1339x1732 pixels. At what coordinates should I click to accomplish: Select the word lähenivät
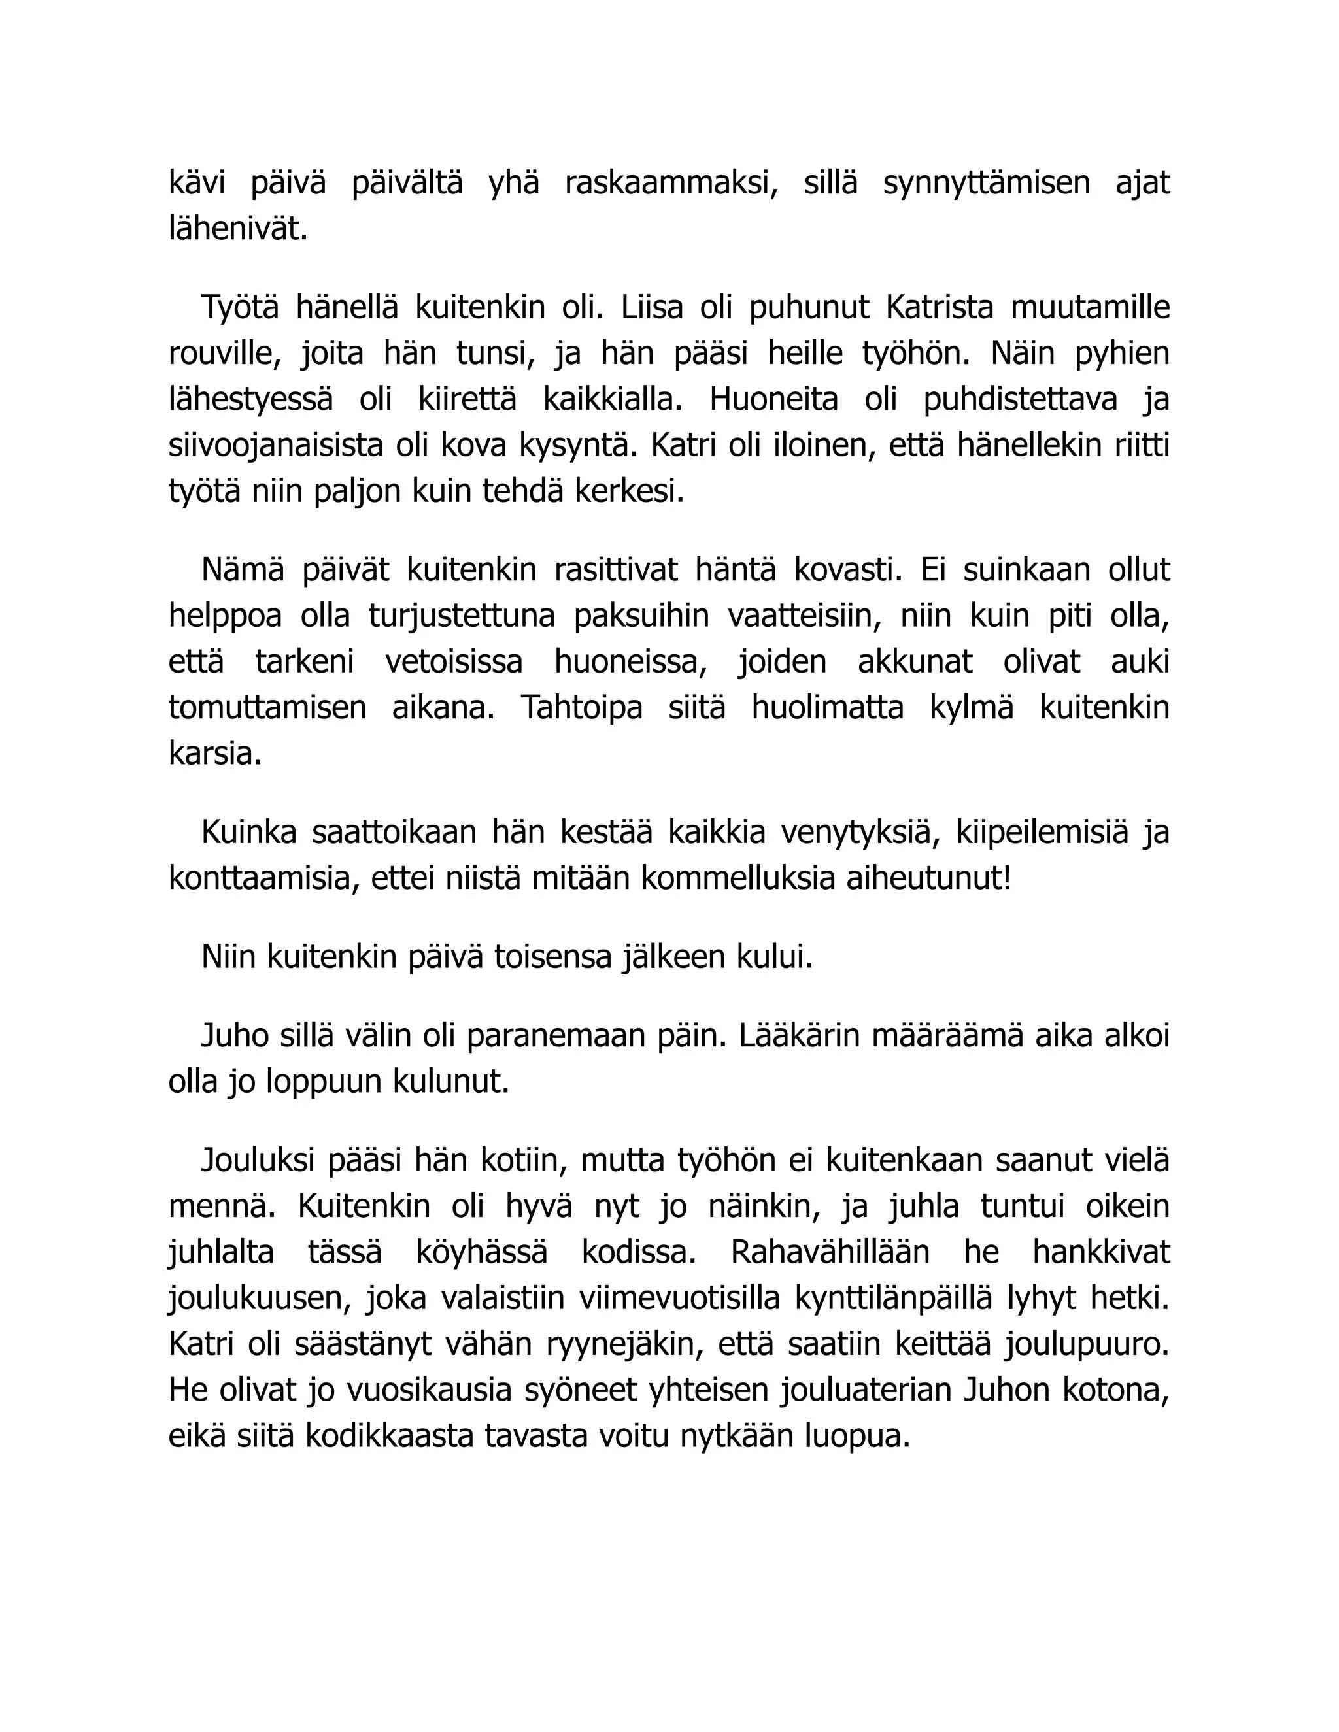pyautogui.click(x=237, y=229)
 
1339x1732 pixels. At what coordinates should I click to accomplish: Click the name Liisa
pyautogui.click(x=652, y=308)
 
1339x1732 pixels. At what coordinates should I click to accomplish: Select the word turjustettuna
pyautogui.click(x=462, y=616)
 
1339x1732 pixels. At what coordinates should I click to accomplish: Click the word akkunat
pyautogui.click(x=915, y=662)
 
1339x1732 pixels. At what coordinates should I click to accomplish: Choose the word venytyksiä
pyautogui.click(x=859, y=833)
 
